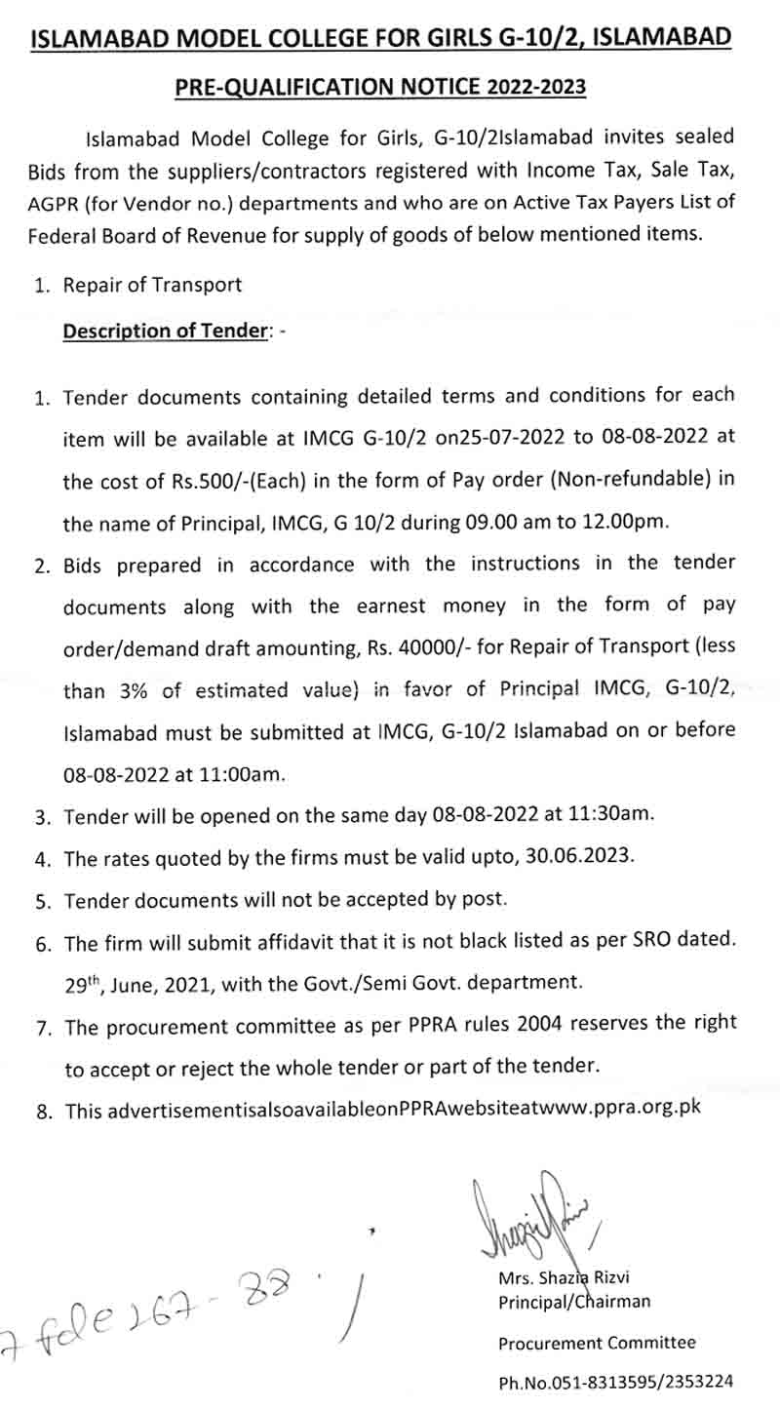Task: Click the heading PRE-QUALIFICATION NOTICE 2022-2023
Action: (380, 87)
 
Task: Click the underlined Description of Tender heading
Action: (165, 331)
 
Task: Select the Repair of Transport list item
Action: (152, 286)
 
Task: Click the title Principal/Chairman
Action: (574, 1302)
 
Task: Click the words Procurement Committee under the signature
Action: (597, 1343)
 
